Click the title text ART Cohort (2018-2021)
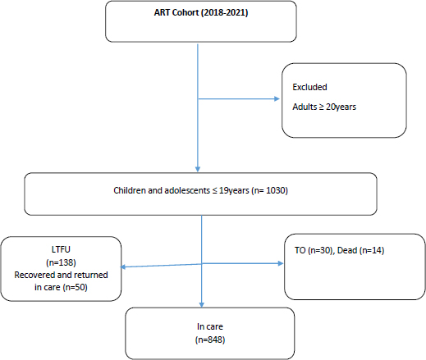pos(201,12)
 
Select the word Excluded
pos(309,87)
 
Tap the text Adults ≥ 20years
pos(324,107)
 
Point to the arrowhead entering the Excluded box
pos(277,98)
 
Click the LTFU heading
pos(61,249)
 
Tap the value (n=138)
pos(61,262)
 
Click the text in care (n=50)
pos(61,287)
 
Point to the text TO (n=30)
pos(314,250)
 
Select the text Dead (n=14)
pos(360,250)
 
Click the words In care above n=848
pos(210,326)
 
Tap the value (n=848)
pos(210,339)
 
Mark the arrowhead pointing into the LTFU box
pos(123,267)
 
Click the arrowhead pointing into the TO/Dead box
pos(281,263)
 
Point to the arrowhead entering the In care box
pos(202,305)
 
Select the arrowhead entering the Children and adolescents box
pos(198,169)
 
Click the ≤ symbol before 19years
pos(214,190)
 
